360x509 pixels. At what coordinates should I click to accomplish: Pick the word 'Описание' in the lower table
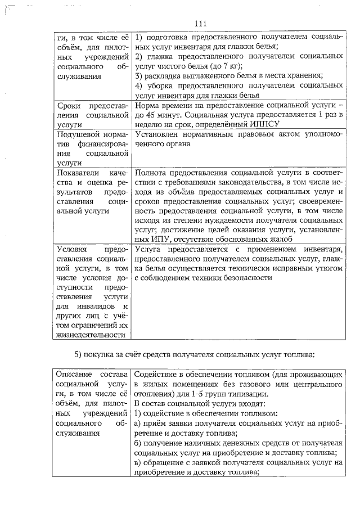[75, 374]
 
